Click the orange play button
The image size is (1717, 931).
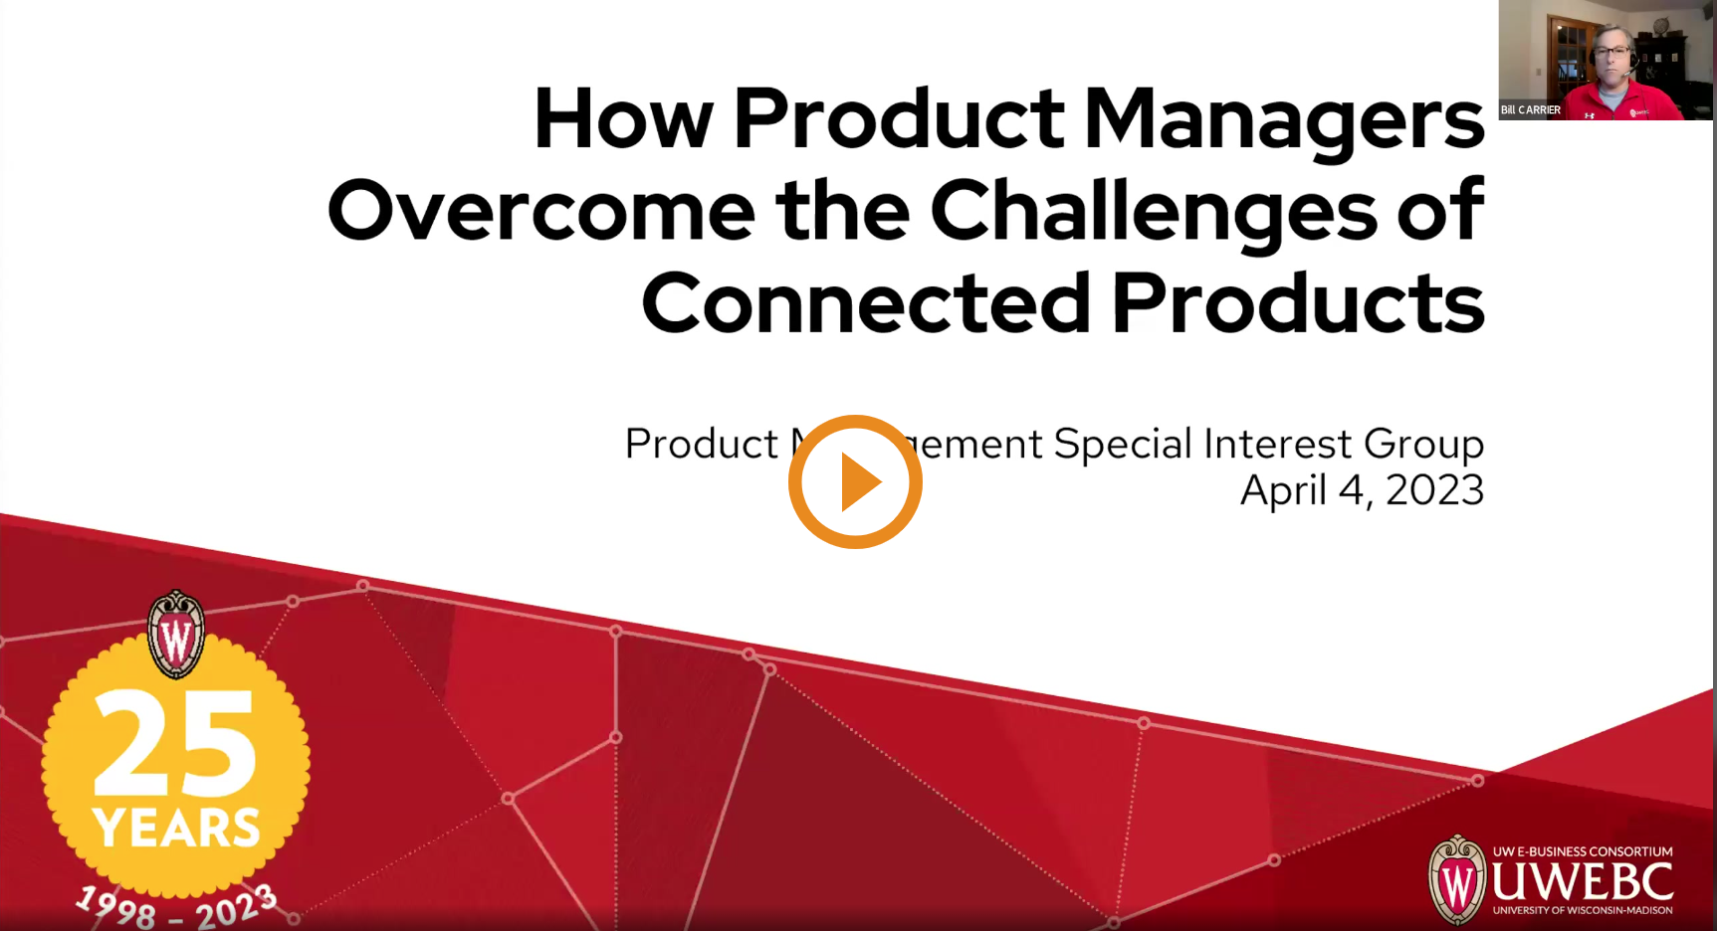tap(855, 481)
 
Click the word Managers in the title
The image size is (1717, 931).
tap(1283, 119)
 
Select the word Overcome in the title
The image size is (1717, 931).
tap(540, 211)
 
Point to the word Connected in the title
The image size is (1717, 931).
tap(866, 302)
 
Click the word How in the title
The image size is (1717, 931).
tap(623, 119)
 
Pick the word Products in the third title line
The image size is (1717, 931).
tap(1297, 302)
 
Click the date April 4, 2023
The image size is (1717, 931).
tap(1361, 490)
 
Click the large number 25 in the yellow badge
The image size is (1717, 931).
tap(176, 743)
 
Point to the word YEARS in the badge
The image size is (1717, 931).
tap(176, 828)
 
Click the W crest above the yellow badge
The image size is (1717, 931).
tap(176, 635)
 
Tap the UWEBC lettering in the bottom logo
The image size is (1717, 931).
tap(1582, 881)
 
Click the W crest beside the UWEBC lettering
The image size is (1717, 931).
tap(1456, 880)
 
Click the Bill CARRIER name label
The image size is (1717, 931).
tap(1530, 110)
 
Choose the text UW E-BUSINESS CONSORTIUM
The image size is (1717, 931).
tap(1582, 851)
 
